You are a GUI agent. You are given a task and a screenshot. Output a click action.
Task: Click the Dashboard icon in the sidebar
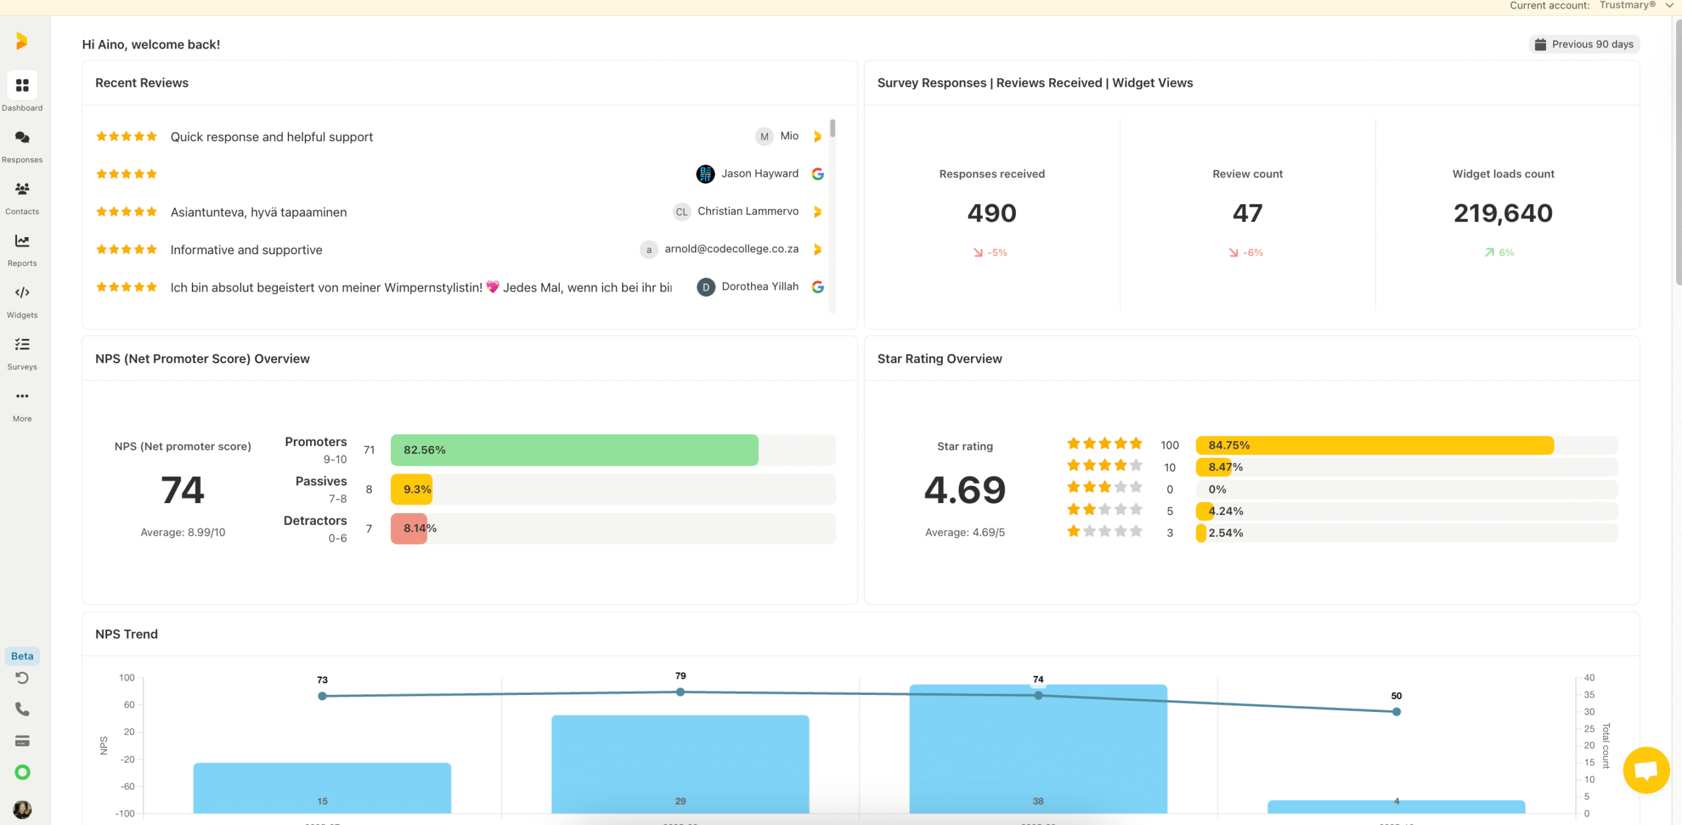tap(22, 86)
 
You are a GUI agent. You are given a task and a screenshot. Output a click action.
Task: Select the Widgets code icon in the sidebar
tap(22, 293)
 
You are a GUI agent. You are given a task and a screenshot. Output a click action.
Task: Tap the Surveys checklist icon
tap(22, 344)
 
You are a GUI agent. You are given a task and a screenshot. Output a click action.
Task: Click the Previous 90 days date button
tap(1584, 45)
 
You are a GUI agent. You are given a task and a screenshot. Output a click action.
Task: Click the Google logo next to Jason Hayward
tap(817, 174)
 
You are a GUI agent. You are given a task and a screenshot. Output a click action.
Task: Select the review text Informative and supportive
tap(246, 250)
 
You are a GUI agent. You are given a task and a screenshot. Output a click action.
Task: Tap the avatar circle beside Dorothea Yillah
tap(706, 288)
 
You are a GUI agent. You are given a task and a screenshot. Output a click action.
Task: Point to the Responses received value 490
tap(991, 213)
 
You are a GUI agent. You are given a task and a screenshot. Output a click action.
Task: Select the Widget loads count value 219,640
tap(1503, 213)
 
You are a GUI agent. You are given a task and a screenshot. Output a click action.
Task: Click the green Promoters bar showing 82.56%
tap(574, 451)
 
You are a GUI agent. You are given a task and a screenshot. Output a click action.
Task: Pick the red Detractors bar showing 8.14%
tap(409, 529)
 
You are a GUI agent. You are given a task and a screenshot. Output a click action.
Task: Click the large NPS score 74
tap(183, 491)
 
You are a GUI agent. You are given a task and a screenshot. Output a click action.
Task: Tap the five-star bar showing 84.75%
tap(1374, 445)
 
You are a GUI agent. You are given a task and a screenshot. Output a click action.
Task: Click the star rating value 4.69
tap(965, 491)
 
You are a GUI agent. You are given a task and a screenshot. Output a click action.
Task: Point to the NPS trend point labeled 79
tap(680, 692)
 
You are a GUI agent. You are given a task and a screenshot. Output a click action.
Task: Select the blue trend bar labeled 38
tap(1037, 755)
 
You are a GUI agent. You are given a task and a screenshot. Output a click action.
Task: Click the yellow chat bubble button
tap(1645, 770)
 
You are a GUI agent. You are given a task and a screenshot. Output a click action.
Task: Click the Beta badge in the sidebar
tap(22, 656)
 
